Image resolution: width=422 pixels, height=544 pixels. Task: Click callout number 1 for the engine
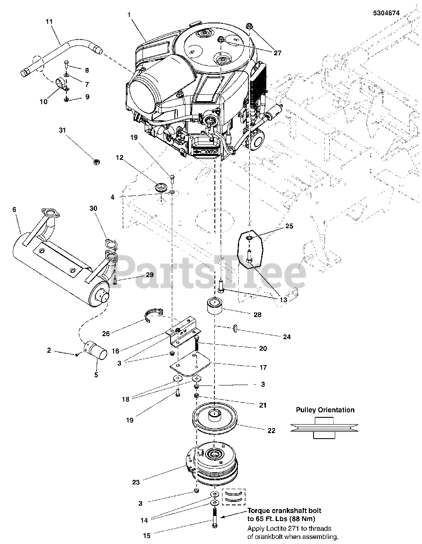click(x=129, y=14)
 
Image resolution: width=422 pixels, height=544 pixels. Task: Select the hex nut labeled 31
click(x=97, y=161)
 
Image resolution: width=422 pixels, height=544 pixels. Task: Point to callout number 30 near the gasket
click(x=93, y=208)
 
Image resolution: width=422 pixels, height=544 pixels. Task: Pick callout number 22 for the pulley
click(x=271, y=431)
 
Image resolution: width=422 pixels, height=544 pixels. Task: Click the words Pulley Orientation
click(x=325, y=410)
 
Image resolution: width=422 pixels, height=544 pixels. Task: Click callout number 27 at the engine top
click(x=277, y=53)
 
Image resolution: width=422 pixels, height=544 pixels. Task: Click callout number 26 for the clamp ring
click(x=106, y=334)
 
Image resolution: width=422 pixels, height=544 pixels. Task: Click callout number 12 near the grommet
click(x=120, y=158)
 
